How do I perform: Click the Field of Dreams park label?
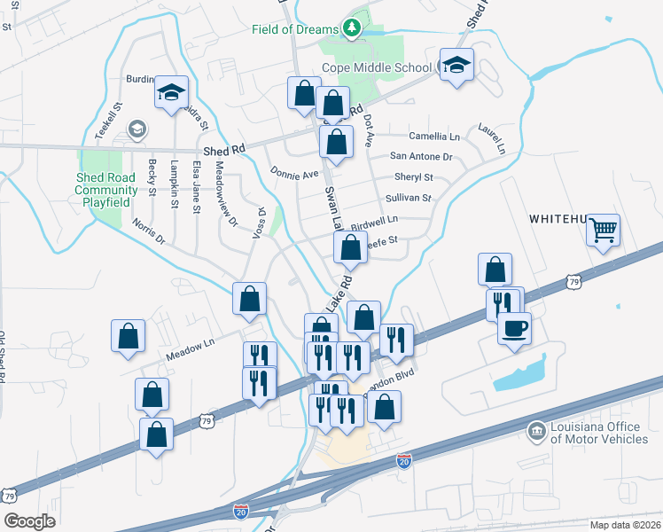point(294,29)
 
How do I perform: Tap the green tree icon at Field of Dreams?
point(354,28)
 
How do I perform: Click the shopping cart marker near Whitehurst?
point(604,231)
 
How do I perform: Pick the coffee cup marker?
point(514,329)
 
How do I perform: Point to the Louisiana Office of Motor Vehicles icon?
point(535,432)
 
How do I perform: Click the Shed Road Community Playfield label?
point(106,184)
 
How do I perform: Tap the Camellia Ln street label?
point(434,137)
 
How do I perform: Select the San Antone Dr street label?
point(421,156)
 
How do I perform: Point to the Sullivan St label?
point(408,198)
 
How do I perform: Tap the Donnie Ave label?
point(294,174)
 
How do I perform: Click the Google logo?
point(29,521)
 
